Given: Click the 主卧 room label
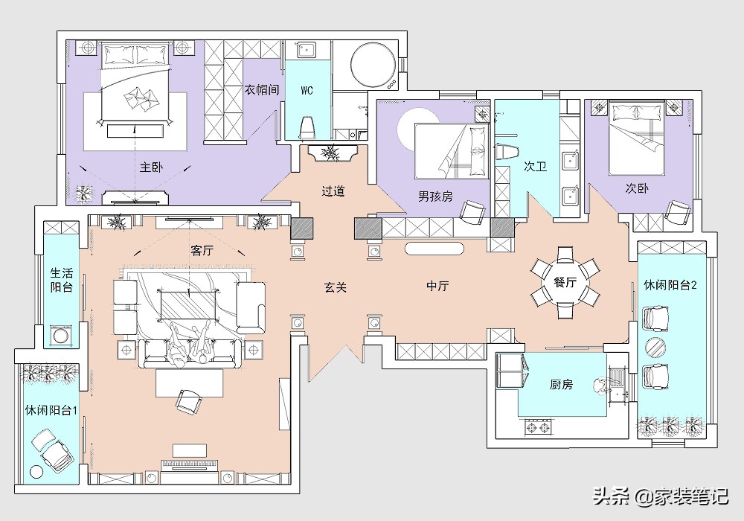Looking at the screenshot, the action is pos(151,167).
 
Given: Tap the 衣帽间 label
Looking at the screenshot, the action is pos(262,89).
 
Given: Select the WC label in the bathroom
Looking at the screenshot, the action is pos(307,90).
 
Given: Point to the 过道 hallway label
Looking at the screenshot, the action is pos(333,191).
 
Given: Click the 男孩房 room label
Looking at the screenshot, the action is pos(435,196).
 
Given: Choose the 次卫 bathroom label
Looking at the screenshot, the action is pos(535,166).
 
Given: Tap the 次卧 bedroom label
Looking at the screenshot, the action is pos(636,188).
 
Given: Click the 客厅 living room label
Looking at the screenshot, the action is pos(202,250).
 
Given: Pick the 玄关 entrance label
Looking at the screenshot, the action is pos(336,287).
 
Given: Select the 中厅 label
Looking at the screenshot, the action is pos(437,286).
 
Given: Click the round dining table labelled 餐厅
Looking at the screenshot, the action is pos(565,282).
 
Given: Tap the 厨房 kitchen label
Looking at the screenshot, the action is pos(561,384).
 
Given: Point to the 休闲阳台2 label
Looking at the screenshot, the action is pos(670,285).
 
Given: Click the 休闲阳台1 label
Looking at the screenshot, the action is pos(51,410).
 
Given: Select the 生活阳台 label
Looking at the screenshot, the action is pos(62,280).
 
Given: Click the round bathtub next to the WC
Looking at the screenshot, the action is pos(373,65).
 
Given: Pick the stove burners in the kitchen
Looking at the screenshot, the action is pos(539,427).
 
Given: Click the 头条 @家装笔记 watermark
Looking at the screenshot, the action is pos(661,496).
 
